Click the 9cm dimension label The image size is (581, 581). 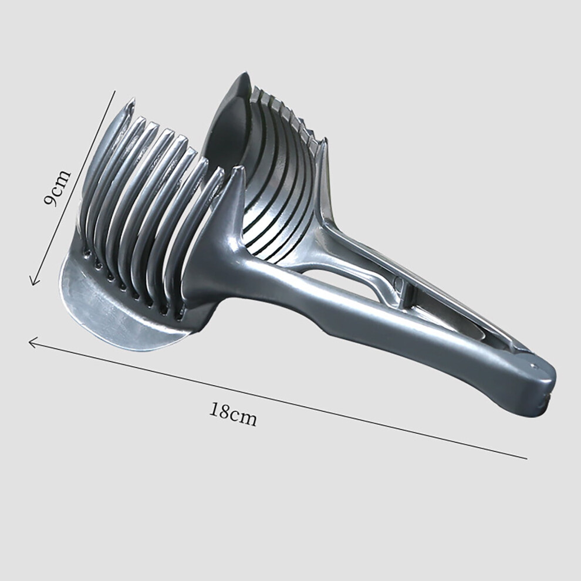click(x=56, y=188)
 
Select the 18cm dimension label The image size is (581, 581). click(x=233, y=414)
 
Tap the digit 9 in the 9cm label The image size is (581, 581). click(x=50, y=200)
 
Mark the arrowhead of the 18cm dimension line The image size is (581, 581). click(x=31, y=342)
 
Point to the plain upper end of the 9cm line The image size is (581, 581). click(x=115, y=91)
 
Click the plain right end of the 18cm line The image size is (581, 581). click(x=526, y=459)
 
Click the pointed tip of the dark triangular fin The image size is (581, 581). click(x=239, y=168)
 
